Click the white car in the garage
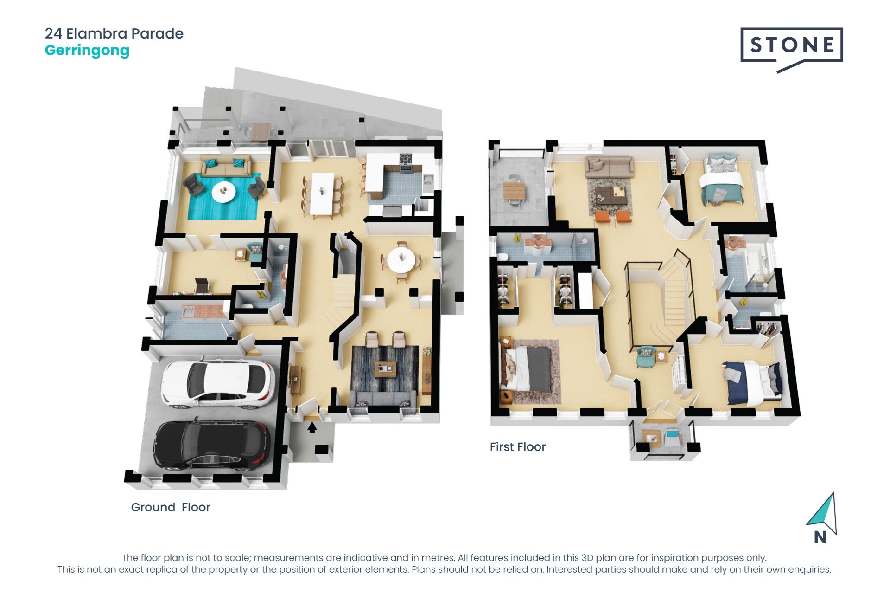[x=217, y=384]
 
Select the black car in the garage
[x=212, y=445]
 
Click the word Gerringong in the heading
[x=87, y=51]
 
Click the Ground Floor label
[x=171, y=507]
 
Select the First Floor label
[x=518, y=447]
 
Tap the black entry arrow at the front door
[x=312, y=427]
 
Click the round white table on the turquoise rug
[x=224, y=191]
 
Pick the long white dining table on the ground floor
[x=322, y=193]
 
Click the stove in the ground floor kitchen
[x=406, y=162]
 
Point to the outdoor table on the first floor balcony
[x=514, y=190]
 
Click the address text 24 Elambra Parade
[x=114, y=33]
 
